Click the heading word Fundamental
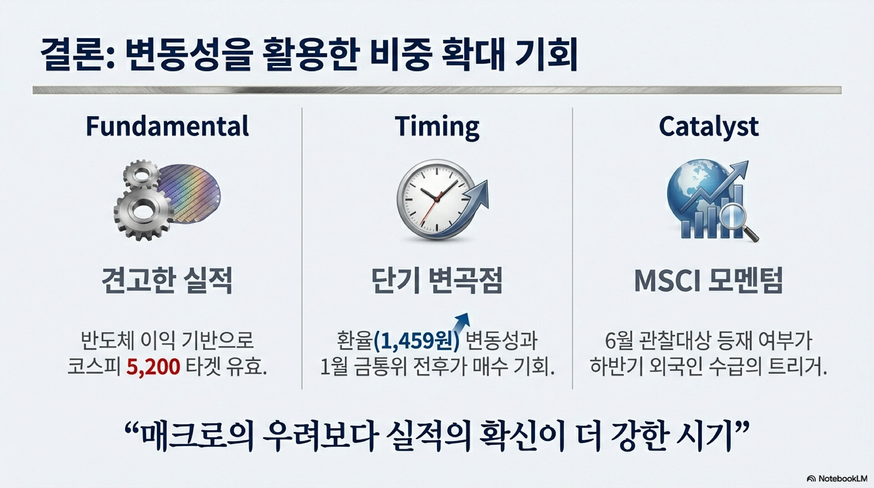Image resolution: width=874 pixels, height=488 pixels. pyautogui.click(x=167, y=126)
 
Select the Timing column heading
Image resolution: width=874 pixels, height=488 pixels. pyautogui.click(x=437, y=127)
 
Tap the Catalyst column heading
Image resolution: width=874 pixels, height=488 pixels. pyautogui.click(x=709, y=127)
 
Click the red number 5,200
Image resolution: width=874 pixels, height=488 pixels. pyautogui.click(x=153, y=366)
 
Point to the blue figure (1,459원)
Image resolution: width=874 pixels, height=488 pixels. pyautogui.click(x=417, y=341)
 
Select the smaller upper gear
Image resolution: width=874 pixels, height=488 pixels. pyautogui.click(x=141, y=174)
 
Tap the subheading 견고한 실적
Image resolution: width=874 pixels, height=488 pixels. pyautogui.click(x=167, y=280)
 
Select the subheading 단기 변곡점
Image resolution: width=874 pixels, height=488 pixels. pyautogui.click(x=437, y=280)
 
